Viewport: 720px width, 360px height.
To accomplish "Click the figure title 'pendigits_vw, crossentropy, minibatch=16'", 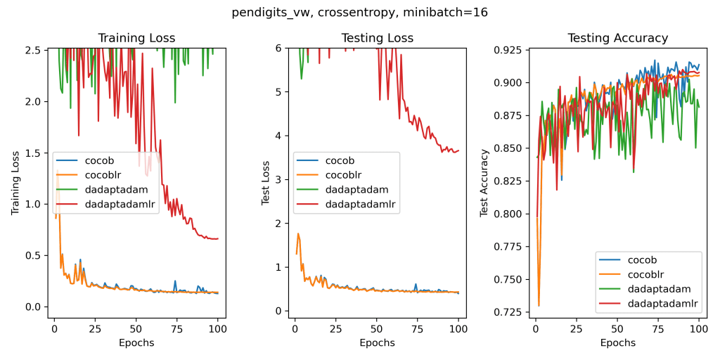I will [359, 12].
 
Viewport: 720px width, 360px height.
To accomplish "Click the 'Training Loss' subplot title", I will [136, 38].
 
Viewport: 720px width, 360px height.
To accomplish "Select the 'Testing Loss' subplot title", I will [377, 38].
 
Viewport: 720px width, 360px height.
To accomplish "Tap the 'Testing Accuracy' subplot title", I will [617, 38].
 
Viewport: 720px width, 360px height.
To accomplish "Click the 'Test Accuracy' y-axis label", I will [484, 183].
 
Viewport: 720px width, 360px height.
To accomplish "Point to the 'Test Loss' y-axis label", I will [265, 183].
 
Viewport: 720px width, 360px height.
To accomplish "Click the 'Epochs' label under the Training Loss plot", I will [136, 343].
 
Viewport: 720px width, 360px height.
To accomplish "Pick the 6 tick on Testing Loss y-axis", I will [278, 48].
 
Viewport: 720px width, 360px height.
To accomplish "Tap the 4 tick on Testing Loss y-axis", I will [278, 136].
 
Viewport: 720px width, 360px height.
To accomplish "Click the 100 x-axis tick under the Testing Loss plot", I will [458, 328].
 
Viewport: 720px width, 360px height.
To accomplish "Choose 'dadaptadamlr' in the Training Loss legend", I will [121, 205].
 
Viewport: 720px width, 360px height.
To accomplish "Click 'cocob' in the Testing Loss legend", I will [340, 160].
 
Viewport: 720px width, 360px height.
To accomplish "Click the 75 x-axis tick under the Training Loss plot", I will [177, 328].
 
